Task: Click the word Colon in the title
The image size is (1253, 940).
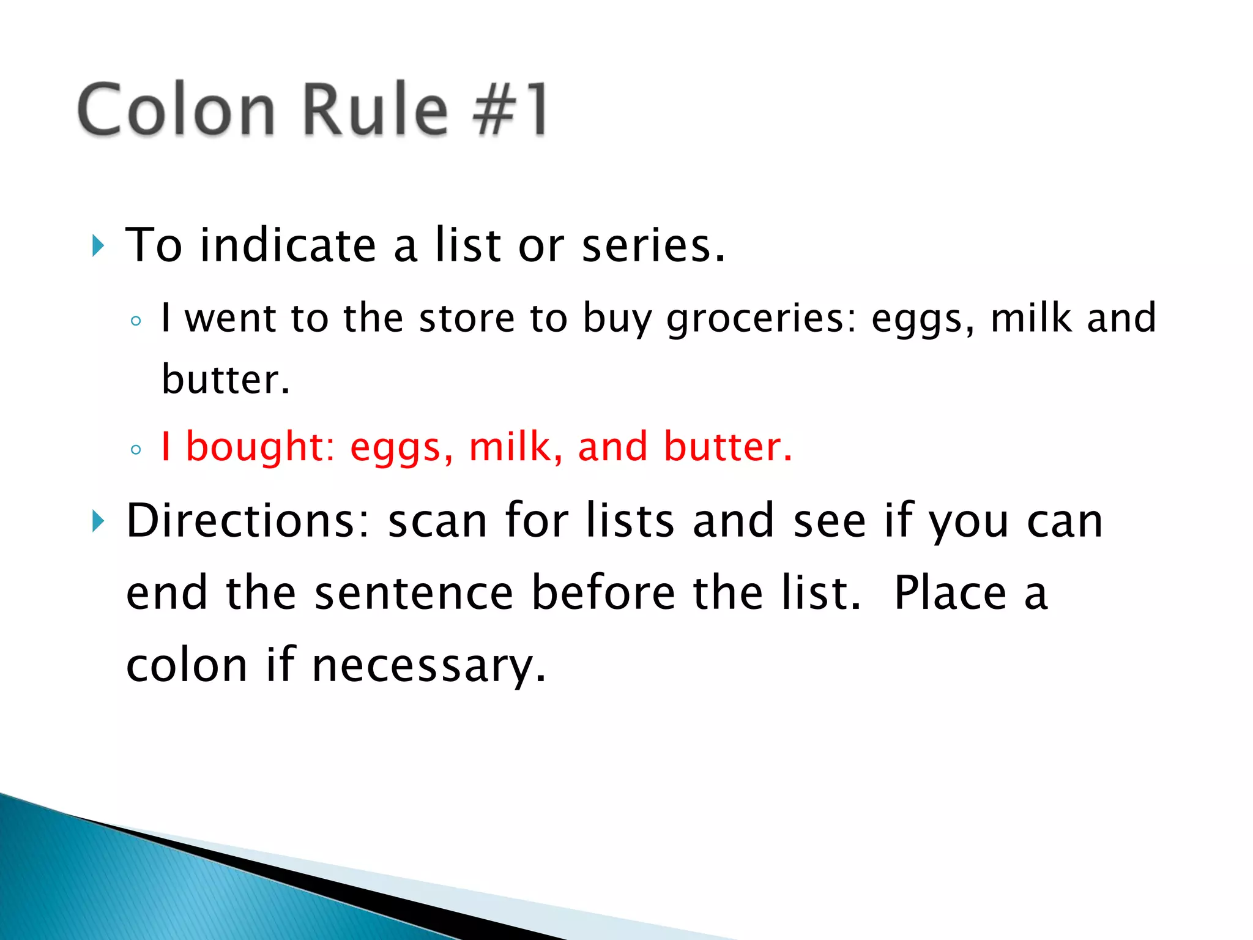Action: (176, 110)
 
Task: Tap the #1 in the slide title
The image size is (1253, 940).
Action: (510, 110)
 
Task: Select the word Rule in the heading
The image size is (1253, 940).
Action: (375, 110)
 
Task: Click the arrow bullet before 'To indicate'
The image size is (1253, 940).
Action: (98, 246)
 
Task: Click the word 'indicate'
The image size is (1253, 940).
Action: (288, 246)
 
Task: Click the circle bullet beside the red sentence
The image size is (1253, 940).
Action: (136, 450)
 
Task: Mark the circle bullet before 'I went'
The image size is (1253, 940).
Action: (136, 321)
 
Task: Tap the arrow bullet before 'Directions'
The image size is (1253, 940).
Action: (98, 522)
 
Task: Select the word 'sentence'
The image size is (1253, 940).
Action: (414, 594)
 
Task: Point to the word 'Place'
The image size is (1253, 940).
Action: (950, 594)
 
